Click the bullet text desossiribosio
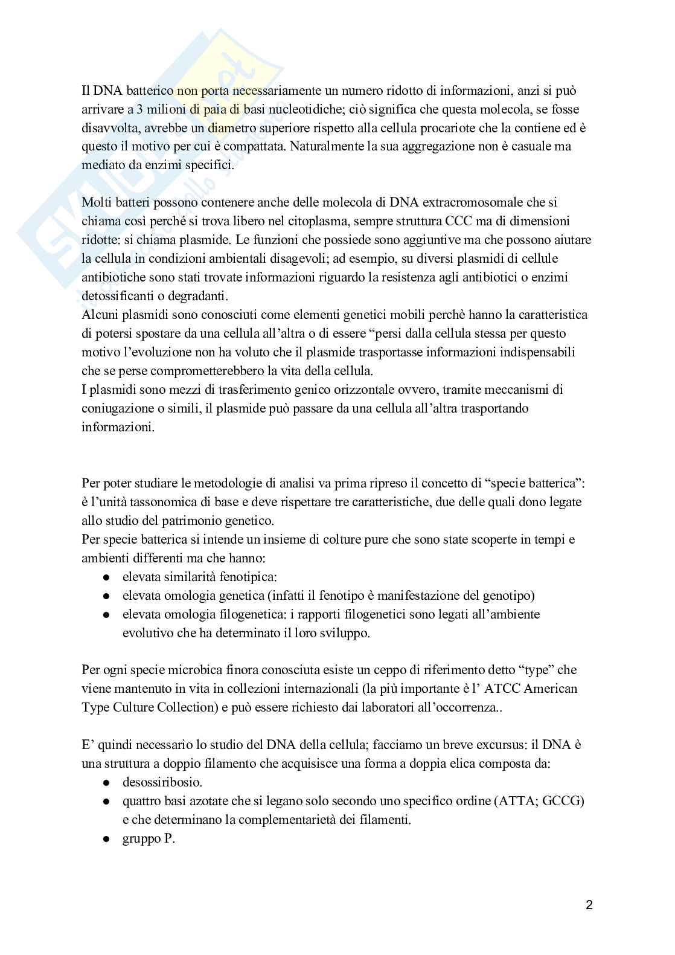162,782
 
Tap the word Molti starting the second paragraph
98,202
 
